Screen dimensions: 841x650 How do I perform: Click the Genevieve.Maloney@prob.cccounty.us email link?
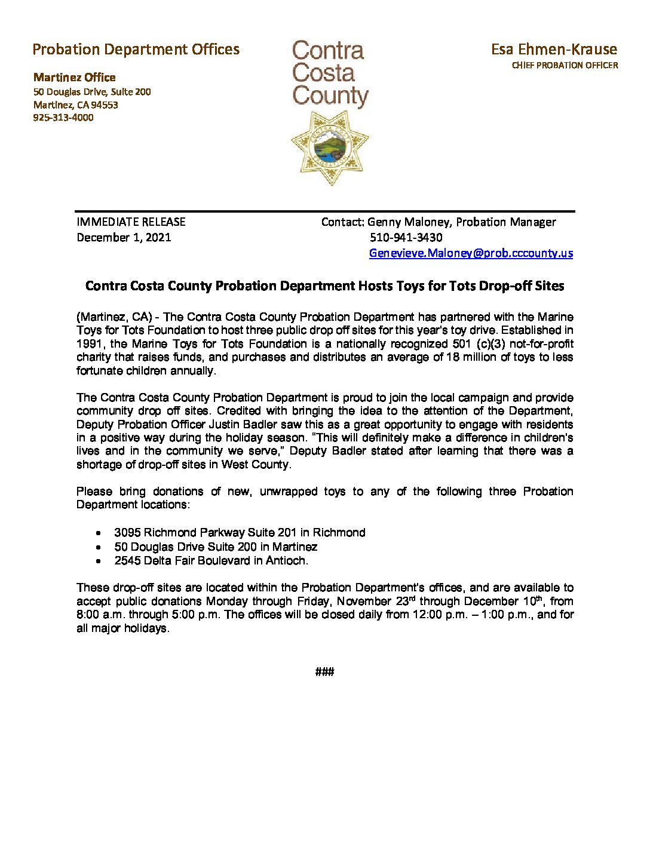point(471,253)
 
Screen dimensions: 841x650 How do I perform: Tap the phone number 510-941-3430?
point(406,237)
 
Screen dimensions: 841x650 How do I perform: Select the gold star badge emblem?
point(329,148)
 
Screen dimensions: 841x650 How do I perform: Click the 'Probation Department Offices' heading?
point(136,49)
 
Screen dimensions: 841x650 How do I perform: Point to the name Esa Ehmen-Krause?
point(554,49)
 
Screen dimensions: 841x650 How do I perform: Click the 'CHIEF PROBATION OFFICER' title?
point(565,65)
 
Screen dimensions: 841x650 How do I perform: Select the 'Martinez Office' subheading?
point(75,77)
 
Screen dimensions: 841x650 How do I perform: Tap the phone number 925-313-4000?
point(63,118)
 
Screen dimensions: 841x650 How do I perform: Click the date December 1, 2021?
point(124,237)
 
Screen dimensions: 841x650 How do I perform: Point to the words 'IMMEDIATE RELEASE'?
point(131,222)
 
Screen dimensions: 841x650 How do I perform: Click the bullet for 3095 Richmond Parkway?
point(98,533)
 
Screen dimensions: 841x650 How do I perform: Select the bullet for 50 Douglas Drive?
point(98,547)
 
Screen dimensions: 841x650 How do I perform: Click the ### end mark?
point(324,672)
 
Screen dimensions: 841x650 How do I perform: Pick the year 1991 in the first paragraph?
point(90,343)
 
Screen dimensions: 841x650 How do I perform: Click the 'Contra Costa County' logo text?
point(329,73)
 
